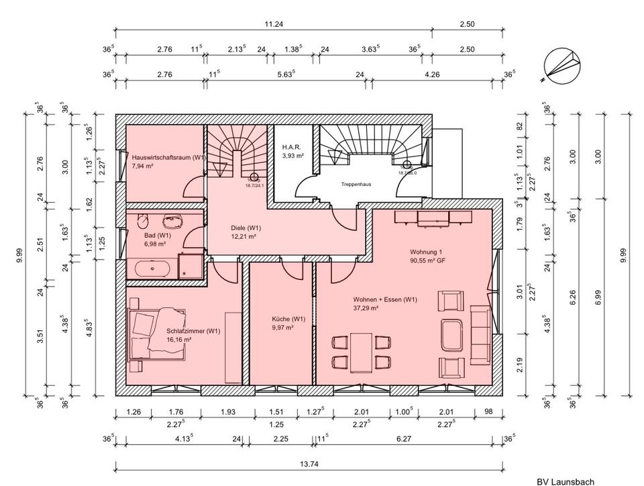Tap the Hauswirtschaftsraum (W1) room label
168,157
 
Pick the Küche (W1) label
288,319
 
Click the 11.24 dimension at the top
273,24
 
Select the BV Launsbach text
565,481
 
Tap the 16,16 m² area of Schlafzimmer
180,340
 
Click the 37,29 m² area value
366,308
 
